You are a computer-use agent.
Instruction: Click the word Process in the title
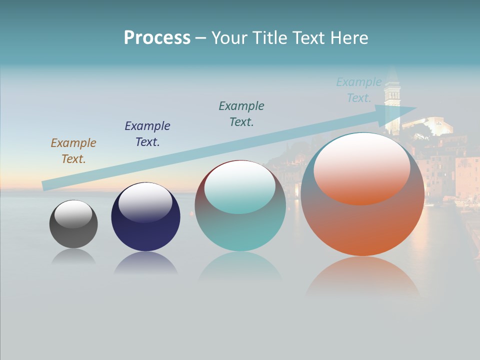click(157, 38)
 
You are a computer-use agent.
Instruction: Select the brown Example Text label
click(73, 151)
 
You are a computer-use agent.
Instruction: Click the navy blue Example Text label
click(147, 134)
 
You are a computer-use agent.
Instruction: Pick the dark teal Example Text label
click(241, 114)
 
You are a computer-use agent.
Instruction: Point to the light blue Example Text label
click(358, 90)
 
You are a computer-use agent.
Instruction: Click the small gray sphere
click(73, 235)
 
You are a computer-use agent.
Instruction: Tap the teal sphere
click(240, 230)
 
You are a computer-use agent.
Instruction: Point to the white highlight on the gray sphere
click(73, 214)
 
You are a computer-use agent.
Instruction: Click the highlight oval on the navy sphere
click(145, 202)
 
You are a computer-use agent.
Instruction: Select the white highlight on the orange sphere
click(362, 169)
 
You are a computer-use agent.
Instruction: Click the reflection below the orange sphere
click(362, 275)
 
